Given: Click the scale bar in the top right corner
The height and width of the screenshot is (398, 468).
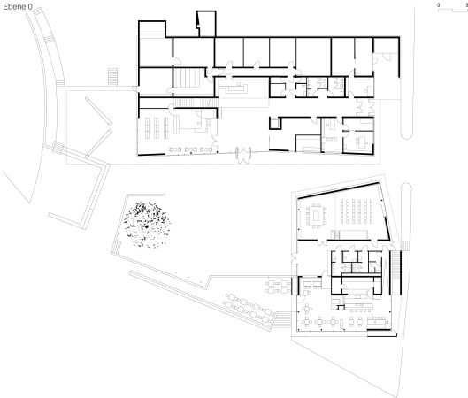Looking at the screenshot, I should [x=451, y=5].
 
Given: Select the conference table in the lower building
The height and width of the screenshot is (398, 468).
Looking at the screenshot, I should [x=315, y=213].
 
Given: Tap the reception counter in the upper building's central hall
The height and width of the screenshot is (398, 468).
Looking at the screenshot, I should [x=238, y=88].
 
